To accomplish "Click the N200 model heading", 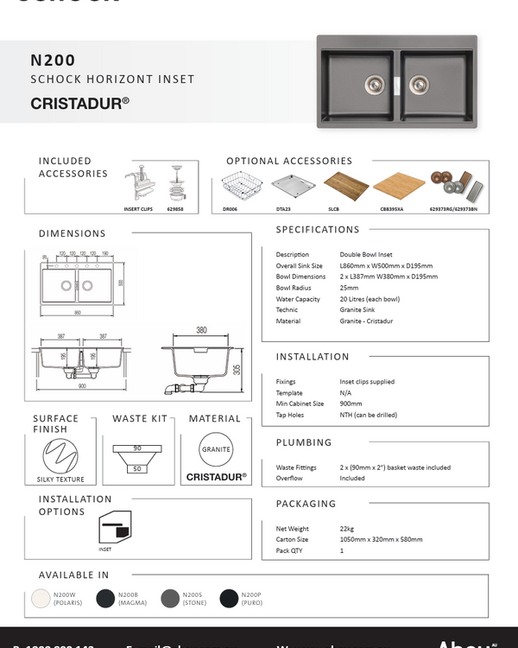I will [x=54, y=60].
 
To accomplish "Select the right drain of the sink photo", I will [x=418, y=84].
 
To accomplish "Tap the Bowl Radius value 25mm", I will [x=349, y=288].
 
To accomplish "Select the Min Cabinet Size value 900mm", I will [x=352, y=403].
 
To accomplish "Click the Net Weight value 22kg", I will [x=347, y=528].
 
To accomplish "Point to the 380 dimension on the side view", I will [x=201, y=330].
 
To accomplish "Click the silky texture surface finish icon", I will [x=60, y=454].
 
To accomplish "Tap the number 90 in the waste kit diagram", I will [x=136, y=448].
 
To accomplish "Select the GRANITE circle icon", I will [x=216, y=450].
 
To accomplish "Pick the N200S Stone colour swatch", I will [x=169, y=599].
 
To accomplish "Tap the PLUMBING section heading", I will [x=303, y=442].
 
